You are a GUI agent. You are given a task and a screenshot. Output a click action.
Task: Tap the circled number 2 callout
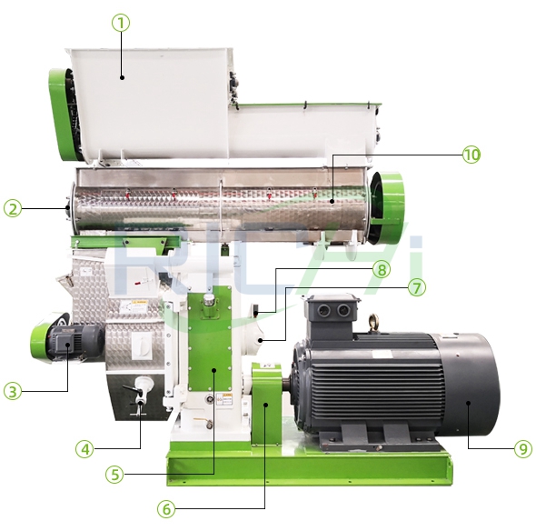tap(12, 209)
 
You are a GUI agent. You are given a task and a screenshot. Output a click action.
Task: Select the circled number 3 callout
tap(12, 392)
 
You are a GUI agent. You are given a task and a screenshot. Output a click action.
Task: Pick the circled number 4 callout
tap(84, 447)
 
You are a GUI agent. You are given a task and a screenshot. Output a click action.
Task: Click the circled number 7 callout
tap(416, 287)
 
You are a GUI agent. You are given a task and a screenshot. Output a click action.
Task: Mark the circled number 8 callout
tap(381, 269)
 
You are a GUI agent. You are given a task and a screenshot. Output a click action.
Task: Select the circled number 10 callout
tap(471, 155)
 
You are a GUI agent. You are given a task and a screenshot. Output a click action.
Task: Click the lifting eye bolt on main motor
tap(372, 321)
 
